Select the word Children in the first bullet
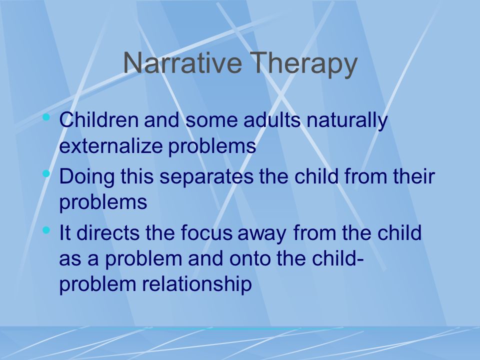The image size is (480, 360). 98,119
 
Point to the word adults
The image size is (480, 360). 272,119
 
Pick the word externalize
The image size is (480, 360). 110,145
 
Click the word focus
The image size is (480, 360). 206,232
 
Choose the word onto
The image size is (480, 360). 250,258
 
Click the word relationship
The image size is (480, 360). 197,284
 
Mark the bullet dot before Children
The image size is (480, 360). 46,116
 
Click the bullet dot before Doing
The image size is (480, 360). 46,173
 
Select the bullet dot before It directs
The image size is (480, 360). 46,230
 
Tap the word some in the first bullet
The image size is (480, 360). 211,119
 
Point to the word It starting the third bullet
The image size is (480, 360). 64,232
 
